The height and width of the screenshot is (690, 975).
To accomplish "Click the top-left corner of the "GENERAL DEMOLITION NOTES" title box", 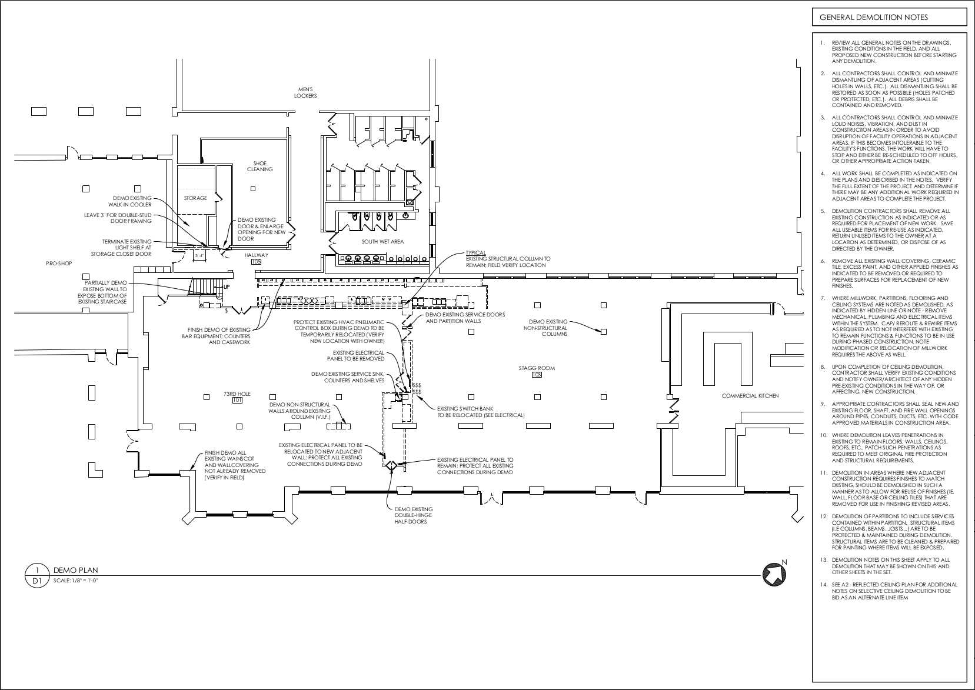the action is click(813, 8).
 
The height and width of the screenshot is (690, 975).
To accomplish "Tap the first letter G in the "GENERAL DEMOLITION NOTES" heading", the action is click(822, 18).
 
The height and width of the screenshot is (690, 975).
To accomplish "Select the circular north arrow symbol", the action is click(774, 574).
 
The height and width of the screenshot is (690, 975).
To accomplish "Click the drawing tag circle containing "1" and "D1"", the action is click(37, 575).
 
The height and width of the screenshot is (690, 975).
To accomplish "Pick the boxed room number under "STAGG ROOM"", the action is click(537, 375).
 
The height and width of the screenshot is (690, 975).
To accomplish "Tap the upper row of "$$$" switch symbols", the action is click(417, 385).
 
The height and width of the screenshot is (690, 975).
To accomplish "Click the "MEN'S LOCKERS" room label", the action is click(305, 92).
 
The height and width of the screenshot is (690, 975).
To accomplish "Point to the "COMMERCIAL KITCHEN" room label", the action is click(750, 396).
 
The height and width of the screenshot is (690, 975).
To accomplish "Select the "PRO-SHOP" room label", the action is click(59, 263).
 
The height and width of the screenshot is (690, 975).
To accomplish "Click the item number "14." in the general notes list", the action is click(823, 585).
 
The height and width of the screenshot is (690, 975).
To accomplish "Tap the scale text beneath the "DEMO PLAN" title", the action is click(75, 581).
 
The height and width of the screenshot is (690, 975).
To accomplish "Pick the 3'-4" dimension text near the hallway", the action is click(200, 256).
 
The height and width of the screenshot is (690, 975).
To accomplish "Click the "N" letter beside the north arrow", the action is click(784, 562).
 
